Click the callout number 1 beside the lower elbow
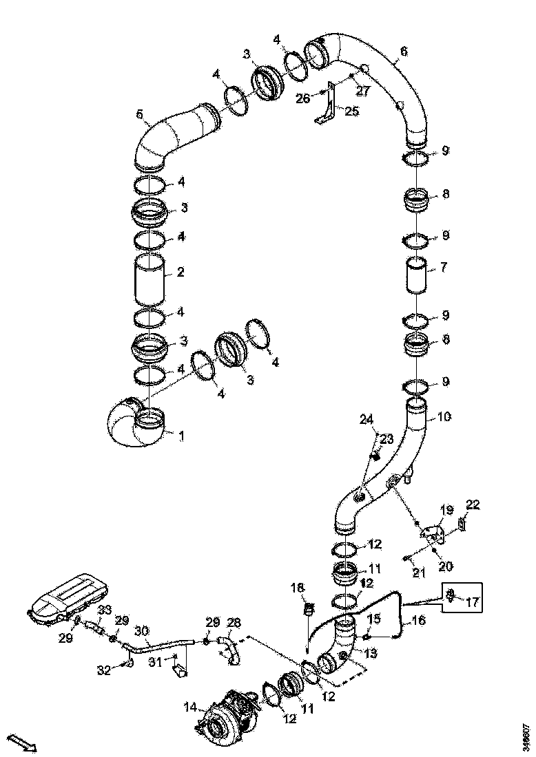[181, 436]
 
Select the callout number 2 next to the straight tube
[180, 273]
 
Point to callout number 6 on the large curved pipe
[404, 52]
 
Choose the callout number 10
[444, 417]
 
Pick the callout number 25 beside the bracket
[352, 111]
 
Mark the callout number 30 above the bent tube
[142, 630]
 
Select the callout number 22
[473, 504]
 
